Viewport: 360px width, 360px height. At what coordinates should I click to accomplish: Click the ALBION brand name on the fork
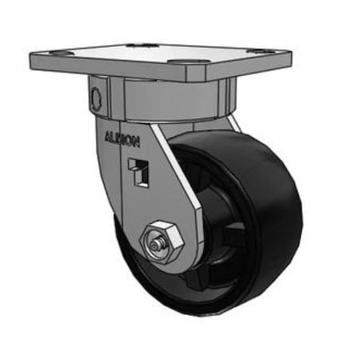pyautogui.click(x=122, y=138)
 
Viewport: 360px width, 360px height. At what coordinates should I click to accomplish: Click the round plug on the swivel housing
pyautogui.click(x=97, y=99)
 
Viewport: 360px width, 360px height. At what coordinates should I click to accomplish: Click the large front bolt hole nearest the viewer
pyautogui.click(x=180, y=63)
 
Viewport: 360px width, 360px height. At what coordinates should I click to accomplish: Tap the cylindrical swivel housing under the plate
pyautogui.click(x=160, y=100)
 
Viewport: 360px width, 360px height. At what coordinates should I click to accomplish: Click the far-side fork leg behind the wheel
pyautogui.click(x=233, y=123)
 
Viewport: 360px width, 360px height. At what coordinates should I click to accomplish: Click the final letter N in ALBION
pyautogui.click(x=138, y=142)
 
